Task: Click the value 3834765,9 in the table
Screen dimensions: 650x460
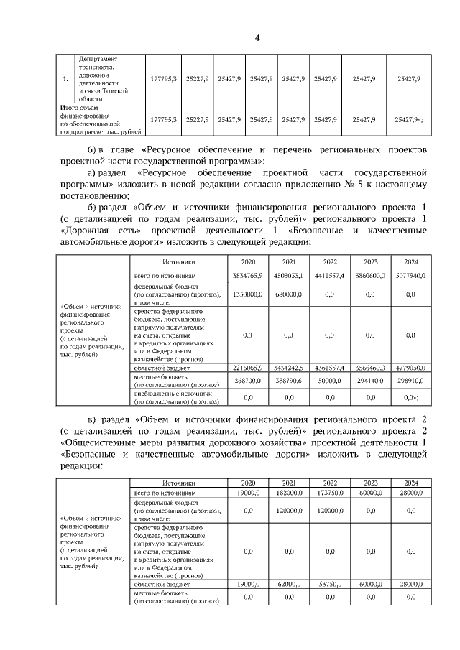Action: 248,276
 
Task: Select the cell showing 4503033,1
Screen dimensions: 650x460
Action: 289,276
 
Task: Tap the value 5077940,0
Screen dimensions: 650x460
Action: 410,276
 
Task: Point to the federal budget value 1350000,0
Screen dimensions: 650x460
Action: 248,294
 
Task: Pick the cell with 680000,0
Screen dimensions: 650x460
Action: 289,294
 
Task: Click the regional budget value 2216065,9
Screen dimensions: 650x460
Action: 248,367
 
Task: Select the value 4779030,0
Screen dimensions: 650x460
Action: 410,367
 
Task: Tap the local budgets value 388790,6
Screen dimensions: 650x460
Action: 289,381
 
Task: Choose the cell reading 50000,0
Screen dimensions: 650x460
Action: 330,381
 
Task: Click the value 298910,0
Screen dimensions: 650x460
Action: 410,381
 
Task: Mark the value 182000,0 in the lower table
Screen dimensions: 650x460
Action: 289,494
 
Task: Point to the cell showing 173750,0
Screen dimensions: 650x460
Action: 330,494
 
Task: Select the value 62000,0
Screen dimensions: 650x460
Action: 289,585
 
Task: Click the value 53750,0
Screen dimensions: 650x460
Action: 330,585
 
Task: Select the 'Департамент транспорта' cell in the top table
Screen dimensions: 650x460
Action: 104,78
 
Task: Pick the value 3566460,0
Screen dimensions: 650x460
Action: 370,367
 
